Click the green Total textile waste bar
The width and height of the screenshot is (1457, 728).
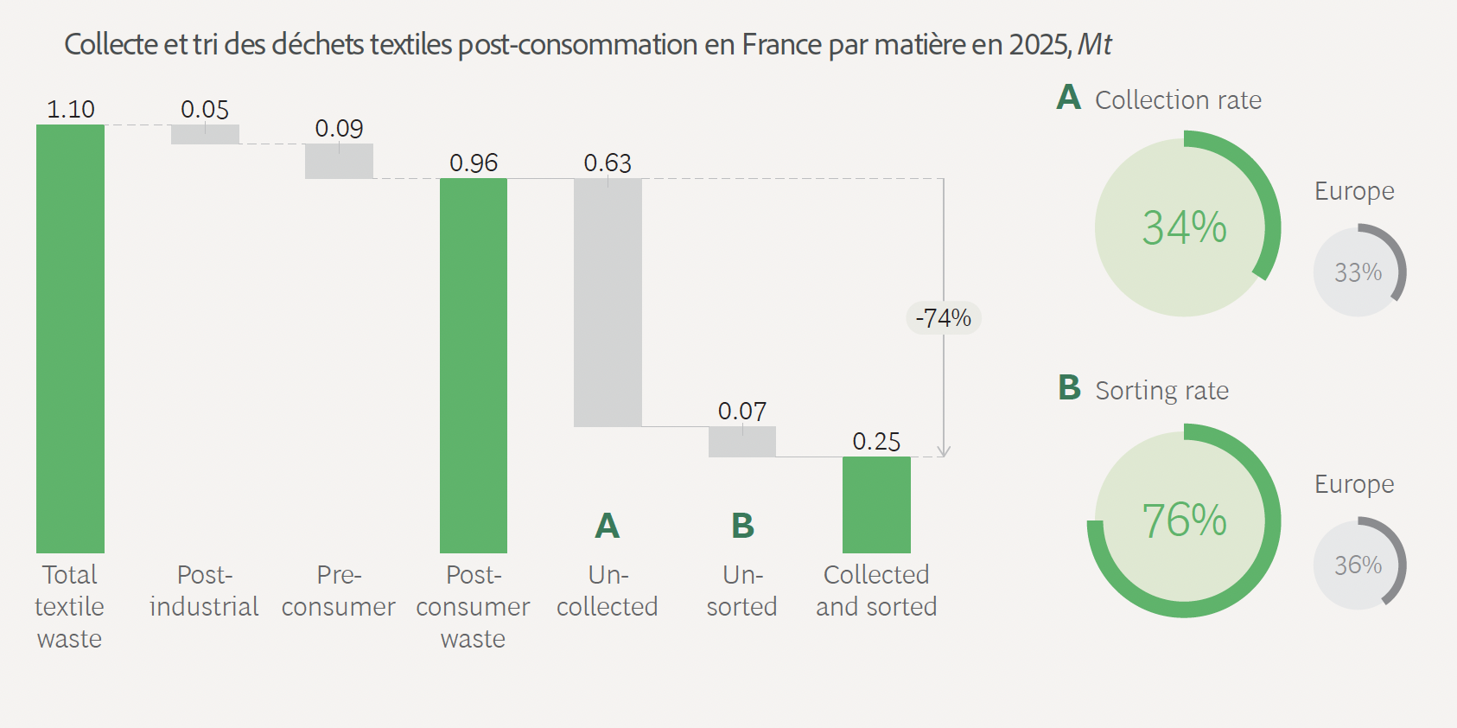point(70,338)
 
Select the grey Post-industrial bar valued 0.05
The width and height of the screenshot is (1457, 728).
point(205,135)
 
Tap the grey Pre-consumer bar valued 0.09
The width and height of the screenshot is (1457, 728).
point(339,162)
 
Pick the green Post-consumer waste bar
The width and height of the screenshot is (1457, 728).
point(473,365)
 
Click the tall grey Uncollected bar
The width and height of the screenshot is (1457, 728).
point(608,302)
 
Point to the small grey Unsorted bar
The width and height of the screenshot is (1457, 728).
point(741,442)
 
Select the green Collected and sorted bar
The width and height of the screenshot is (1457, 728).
point(876,504)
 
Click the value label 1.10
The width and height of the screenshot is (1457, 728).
point(70,110)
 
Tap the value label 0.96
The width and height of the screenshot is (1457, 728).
point(474,163)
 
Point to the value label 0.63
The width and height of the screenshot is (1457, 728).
point(608,163)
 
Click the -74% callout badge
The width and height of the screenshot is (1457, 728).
point(944,318)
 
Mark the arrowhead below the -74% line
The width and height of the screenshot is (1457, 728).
point(944,451)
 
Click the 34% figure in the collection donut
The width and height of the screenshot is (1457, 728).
point(1184,228)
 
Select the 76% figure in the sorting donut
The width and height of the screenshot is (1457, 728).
point(1184,520)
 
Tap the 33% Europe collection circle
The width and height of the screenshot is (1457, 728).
point(1358,272)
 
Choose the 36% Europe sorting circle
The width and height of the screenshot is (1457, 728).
point(1358,565)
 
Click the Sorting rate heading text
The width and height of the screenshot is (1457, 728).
point(1161,391)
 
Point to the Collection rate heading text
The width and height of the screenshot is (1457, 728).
point(1178,100)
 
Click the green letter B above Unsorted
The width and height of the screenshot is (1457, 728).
point(742,526)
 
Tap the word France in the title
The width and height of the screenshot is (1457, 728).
point(781,44)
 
